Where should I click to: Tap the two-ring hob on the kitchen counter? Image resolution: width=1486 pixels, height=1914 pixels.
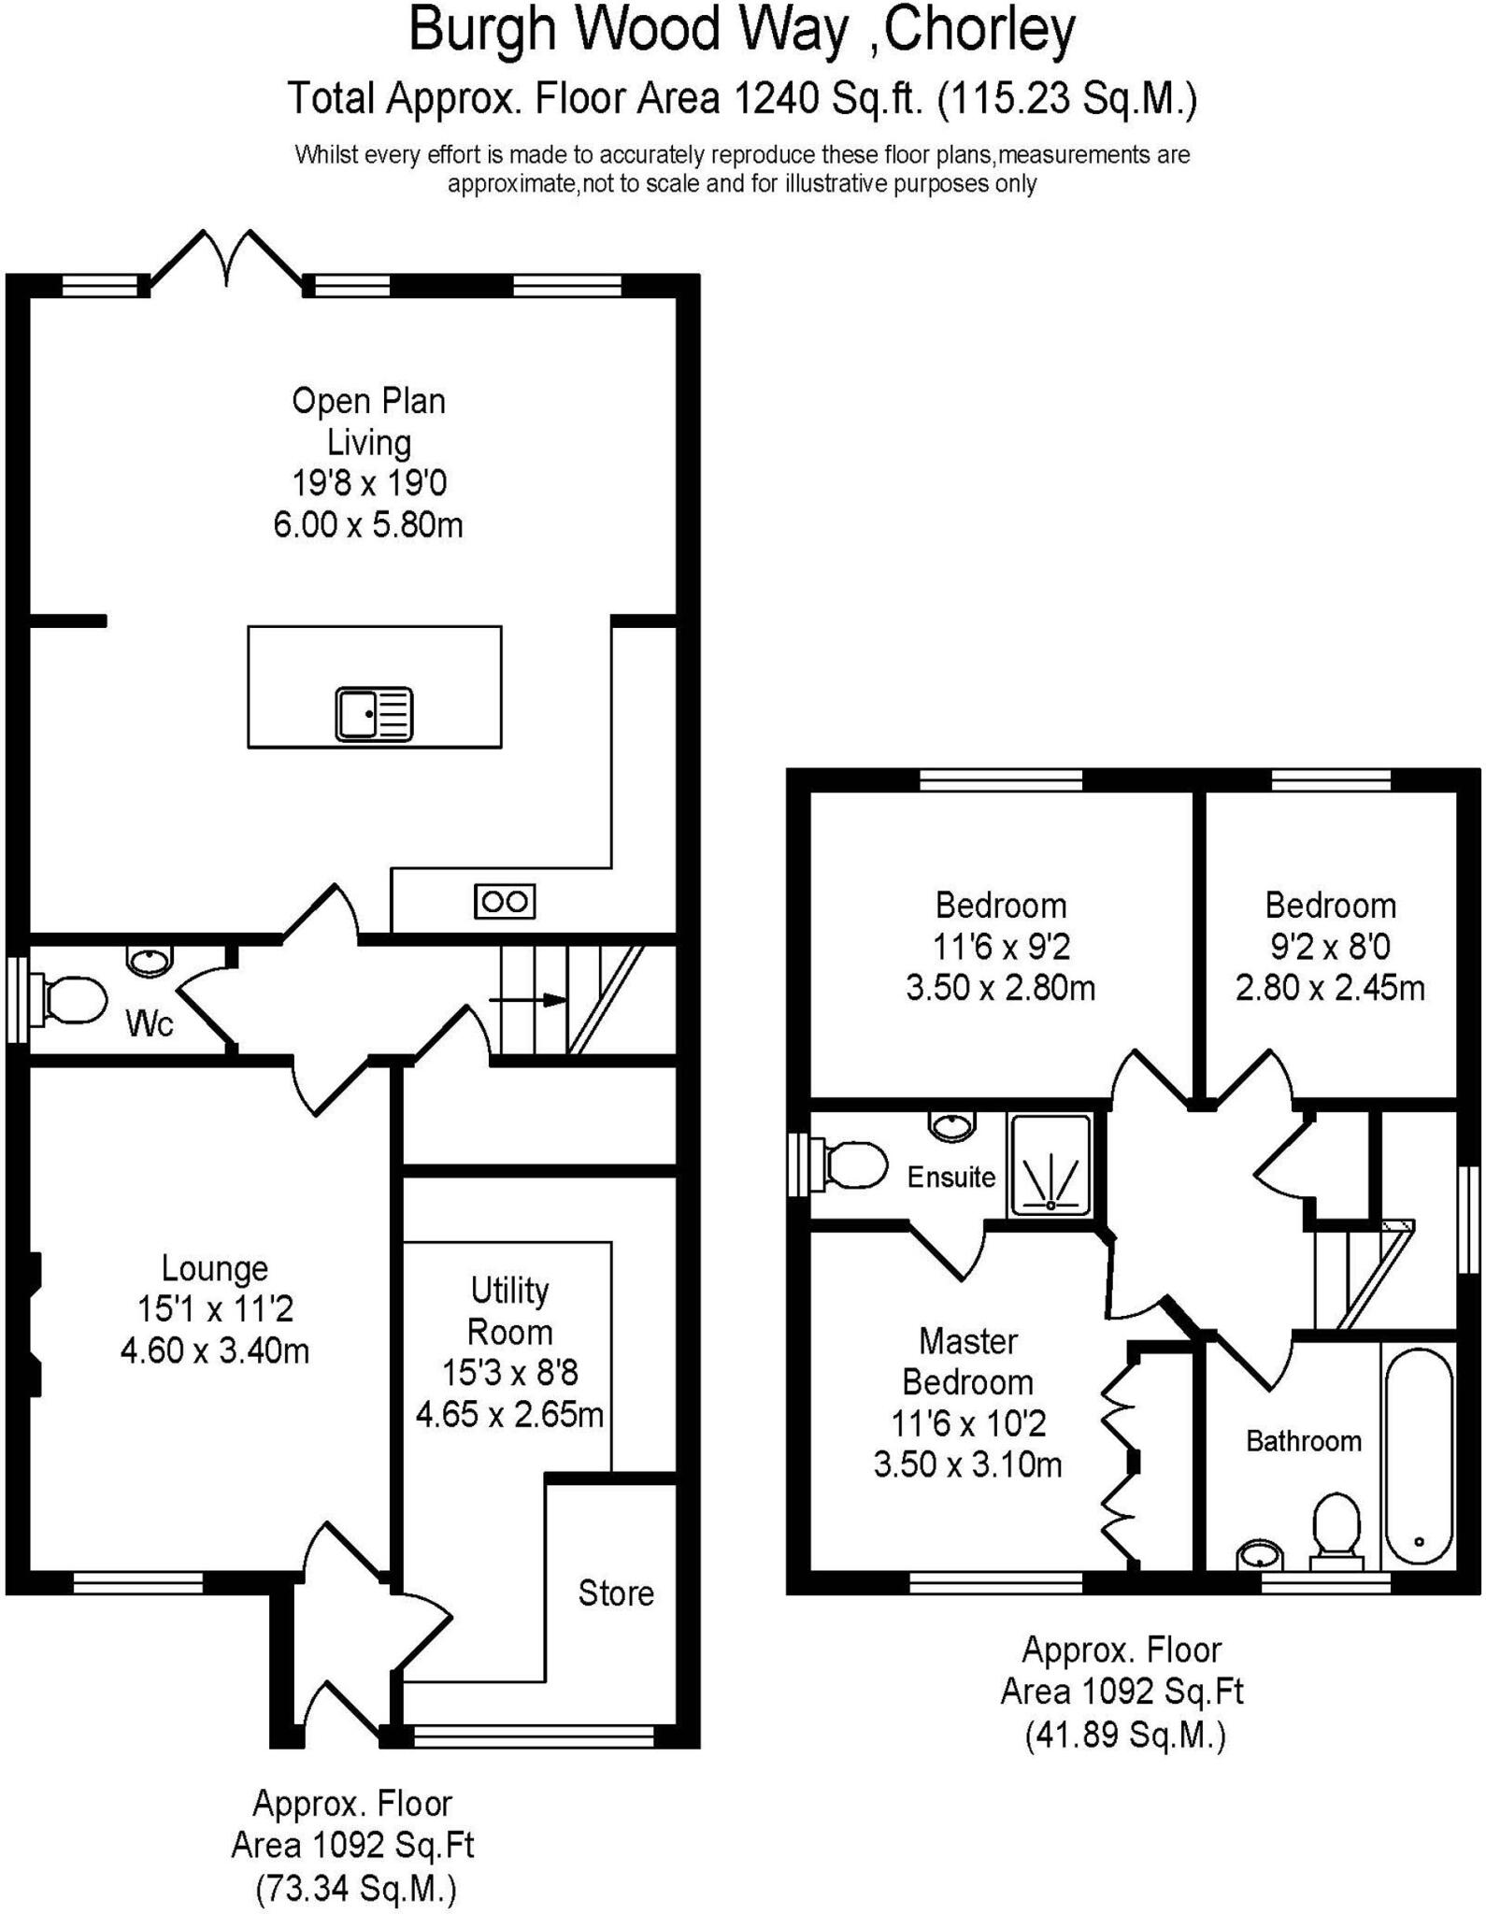click(x=505, y=901)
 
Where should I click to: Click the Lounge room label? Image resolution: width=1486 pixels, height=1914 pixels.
click(x=215, y=1268)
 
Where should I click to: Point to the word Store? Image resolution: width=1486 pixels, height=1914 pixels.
click(x=616, y=1593)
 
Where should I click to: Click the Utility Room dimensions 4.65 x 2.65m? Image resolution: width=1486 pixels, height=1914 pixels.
click(x=509, y=1414)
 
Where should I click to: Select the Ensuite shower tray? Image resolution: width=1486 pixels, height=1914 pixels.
click(x=1050, y=1165)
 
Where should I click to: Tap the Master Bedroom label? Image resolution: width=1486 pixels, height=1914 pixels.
click(x=968, y=1361)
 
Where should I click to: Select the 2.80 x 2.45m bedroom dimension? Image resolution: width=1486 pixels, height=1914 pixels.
click(x=1330, y=987)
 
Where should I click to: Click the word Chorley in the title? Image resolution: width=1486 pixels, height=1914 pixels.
click(x=979, y=30)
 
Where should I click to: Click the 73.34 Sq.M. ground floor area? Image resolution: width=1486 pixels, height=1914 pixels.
click(x=356, y=1889)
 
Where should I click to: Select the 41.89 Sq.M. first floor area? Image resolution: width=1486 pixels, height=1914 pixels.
click(x=1124, y=1735)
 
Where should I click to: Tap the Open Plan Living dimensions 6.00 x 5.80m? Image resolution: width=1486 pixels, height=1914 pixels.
click(x=368, y=524)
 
